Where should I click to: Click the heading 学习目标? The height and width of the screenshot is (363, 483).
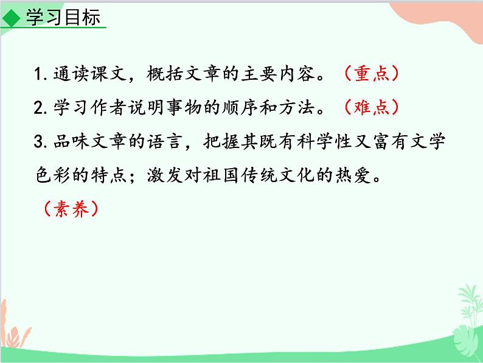point(62,18)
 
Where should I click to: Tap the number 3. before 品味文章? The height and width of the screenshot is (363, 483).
point(41,143)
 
